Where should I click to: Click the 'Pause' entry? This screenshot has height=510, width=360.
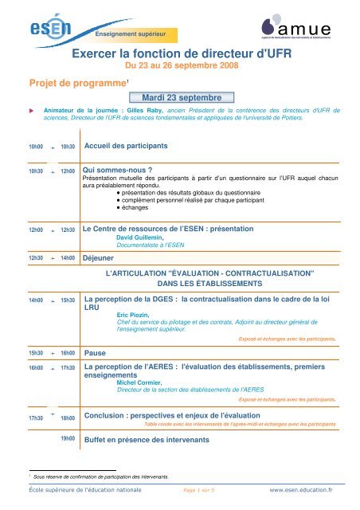coord(96,351)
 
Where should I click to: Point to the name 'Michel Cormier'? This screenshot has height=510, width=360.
coord(141,382)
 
